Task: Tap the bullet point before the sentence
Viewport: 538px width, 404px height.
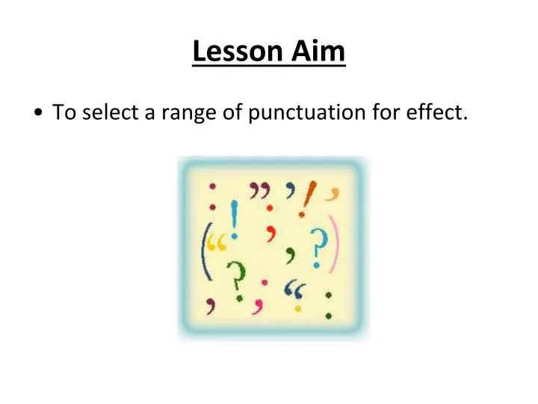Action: pos(37,114)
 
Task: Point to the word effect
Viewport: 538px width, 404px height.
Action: pos(439,113)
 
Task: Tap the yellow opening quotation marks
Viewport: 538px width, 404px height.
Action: pos(218,245)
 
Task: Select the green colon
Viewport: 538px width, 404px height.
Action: pos(327,303)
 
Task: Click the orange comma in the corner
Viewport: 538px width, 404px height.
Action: pos(335,192)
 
